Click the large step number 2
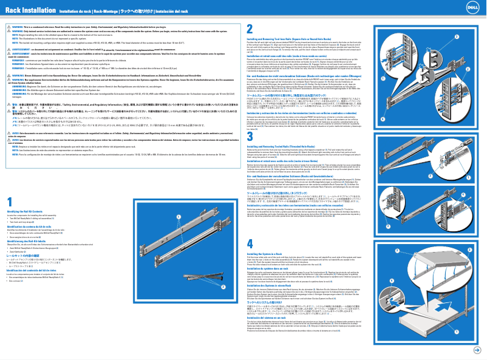tap(250, 29)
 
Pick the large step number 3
tap(250, 137)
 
